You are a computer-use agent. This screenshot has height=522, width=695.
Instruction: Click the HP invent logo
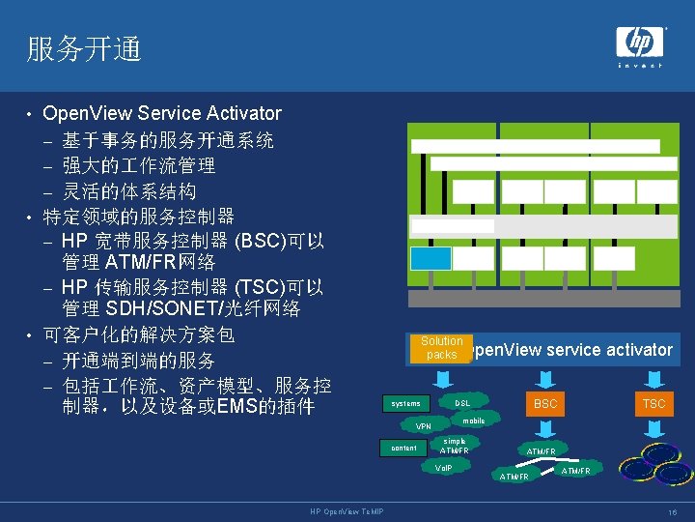point(640,44)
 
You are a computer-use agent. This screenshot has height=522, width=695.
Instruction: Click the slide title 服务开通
point(84,49)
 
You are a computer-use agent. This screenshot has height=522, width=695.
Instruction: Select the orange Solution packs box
point(441,348)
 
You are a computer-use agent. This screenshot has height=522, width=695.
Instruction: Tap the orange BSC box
point(545,403)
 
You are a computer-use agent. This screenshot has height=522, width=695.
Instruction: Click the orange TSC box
point(653,403)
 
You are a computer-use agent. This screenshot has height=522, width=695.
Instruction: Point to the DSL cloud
point(463,402)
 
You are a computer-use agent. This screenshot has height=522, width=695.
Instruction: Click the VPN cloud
point(424,426)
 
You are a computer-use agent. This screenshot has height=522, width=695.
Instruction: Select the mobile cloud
point(473,420)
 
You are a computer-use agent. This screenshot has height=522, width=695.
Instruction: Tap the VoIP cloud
point(444,467)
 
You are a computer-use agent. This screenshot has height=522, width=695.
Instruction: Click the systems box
point(406,403)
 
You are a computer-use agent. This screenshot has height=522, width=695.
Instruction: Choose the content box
point(404,448)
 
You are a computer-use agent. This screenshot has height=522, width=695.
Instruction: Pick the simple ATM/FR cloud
point(454,446)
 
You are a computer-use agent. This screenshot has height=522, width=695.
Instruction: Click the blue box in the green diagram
point(430,258)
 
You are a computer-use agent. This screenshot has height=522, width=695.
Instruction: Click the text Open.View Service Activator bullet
point(162,114)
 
